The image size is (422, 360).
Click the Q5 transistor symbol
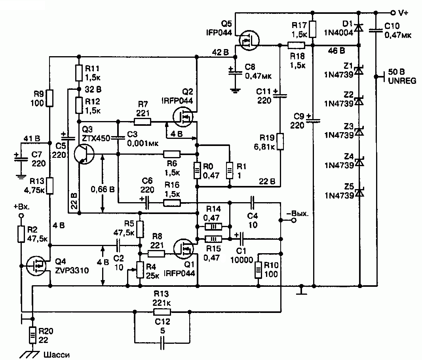[x=249, y=40]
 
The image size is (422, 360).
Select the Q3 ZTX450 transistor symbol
[x=84, y=154]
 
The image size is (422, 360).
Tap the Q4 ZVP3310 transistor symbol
[x=36, y=266]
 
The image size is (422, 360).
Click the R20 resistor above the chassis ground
[x=32, y=335]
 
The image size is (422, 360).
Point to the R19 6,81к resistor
[x=280, y=141]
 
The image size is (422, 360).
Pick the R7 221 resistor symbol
[x=143, y=122]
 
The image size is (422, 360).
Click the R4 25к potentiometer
[x=140, y=270]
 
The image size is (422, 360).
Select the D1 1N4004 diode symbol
[x=359, y=28]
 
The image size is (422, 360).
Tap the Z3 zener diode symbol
[x=359, y=131]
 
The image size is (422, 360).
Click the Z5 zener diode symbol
[x=359, y=192]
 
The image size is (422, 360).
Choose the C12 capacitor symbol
[x=162, y=343]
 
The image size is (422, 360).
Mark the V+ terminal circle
[x=393, y=13]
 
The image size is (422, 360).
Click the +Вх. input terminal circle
[x=21, y=216]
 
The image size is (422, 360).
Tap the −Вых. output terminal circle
[x=294, y=220]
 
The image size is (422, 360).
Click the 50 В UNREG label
[x=401, y=76]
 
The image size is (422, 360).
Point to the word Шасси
[x=57, y=355]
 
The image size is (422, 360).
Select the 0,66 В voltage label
[x=103, y=189]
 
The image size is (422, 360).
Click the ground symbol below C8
[x=235, y=91]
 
